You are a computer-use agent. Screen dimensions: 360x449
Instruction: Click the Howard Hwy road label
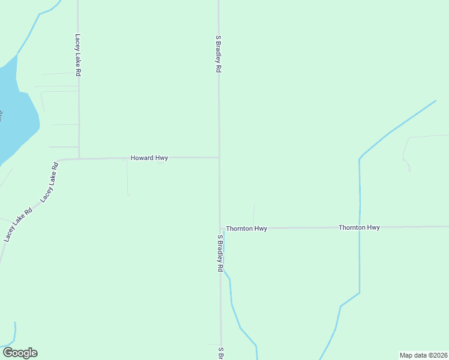click(149, 158)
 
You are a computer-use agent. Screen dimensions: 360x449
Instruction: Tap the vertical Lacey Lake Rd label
click(78, 55)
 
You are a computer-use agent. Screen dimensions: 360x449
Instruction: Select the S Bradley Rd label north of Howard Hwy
click(218, 54)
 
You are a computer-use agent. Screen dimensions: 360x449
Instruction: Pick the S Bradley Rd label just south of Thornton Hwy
click(220, 253)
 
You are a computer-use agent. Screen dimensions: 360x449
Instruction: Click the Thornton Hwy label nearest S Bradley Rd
click(246, 229)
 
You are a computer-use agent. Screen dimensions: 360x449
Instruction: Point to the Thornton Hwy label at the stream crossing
click(359, 227)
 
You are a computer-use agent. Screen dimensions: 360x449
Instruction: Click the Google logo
click(20, 353)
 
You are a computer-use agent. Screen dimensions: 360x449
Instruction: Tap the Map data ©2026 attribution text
click(424, 355)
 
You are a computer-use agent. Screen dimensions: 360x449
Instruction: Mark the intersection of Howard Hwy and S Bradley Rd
click(218, 158)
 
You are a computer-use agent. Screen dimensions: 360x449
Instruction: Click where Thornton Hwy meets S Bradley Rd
click(220, 229)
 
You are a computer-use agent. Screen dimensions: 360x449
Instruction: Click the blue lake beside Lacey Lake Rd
click(15, 114)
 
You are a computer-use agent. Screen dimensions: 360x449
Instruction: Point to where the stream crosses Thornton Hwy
click(360, 227)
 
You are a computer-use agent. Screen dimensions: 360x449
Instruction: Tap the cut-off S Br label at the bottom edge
click(221, 353)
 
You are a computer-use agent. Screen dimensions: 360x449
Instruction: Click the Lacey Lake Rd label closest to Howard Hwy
click(51, 181)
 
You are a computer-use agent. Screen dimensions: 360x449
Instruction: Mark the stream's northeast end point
click(435, 101)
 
